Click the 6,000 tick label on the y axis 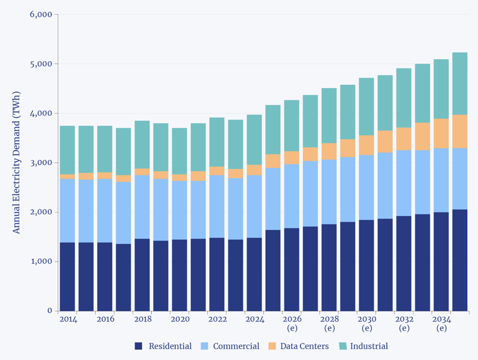(x=41, y=15)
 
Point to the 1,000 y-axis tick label (x=41, y=262)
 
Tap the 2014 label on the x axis (x=68, y=319)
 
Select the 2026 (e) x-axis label (x=292, y=323)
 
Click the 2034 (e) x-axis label (x=441, y=323)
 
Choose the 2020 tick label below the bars (x=180, y=319)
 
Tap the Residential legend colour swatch (x=138, y=346)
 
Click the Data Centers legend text (x=304, y=346)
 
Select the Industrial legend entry (x=369, y=346)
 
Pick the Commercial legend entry (x=236, y=346)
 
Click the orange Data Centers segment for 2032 (x=404, y=139)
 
